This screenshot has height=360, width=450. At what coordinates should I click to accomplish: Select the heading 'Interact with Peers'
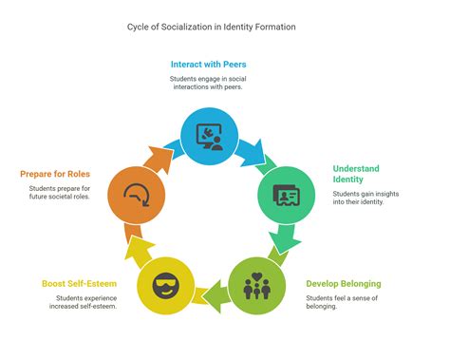click(209, 64)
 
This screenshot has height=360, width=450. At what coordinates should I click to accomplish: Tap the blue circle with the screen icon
click(208, 136)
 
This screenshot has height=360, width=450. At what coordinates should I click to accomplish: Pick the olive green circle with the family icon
click(256, 286)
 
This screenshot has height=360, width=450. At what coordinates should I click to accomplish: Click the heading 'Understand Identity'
click(356, 175)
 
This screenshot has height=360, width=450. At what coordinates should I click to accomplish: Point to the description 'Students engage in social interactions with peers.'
click(209, 84)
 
